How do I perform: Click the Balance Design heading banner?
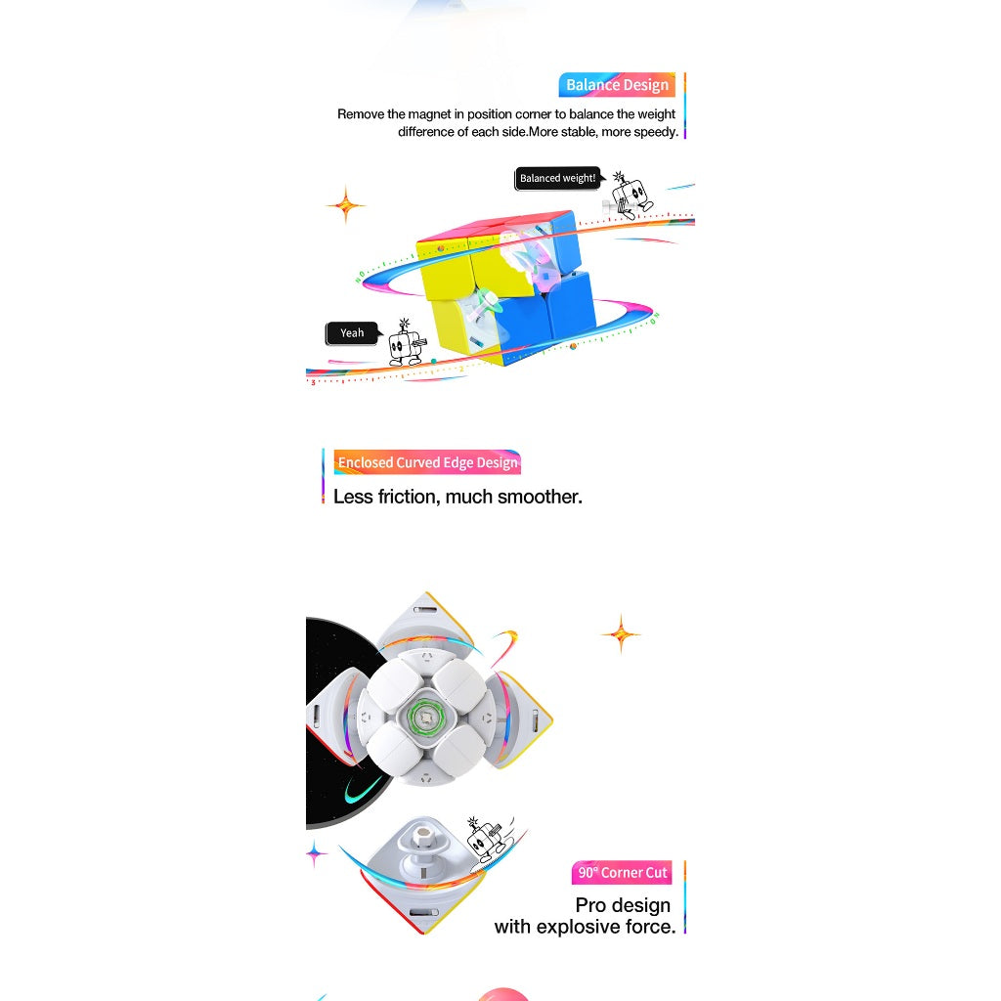pos(617,85)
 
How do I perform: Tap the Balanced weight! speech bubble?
pos(558,178)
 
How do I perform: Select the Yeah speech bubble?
pos(353,333)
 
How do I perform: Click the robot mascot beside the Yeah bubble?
pos(407,343)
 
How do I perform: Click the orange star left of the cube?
pos(346,205)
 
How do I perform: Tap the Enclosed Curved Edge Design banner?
pos(427,462)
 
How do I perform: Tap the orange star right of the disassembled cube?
pos(621,633)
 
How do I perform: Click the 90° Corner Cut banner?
pos(622,873)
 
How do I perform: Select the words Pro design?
pos(623,905)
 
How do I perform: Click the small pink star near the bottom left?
pos(315,853)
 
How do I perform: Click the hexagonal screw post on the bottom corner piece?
pos(421,838)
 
